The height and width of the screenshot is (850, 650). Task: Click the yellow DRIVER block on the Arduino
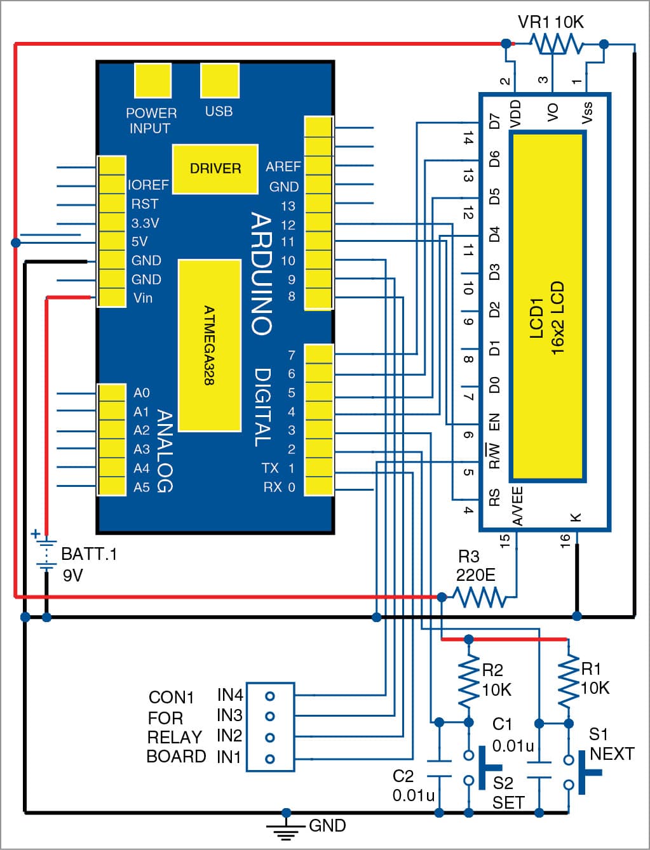click(x=215, y=168)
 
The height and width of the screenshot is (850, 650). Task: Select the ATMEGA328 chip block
click(x=210, y=345)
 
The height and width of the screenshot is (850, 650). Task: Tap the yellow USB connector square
click(x=220, y=81)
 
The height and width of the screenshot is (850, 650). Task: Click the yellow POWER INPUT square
click(x=153, y=81)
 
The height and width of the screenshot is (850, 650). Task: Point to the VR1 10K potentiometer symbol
click(x=555, y=44)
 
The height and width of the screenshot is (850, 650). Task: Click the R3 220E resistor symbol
click(x=478, y=597)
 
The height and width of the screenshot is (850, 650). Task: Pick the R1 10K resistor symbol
click(x=568, y=681)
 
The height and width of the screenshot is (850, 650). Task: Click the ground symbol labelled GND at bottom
click(x=286, y=826)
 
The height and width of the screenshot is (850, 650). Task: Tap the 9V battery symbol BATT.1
click(x=46, y=552)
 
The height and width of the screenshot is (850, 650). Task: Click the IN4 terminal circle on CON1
click(x=270, y=696)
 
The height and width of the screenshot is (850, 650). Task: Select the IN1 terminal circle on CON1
click(x=270, y=759)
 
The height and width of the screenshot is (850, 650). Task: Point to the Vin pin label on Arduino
click(x=143, y=298)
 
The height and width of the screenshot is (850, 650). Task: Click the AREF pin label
click(x=283, y=167)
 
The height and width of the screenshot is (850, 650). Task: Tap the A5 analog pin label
click(x=142, y=488)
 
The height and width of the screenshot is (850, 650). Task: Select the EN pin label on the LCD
click(x=494, y=422)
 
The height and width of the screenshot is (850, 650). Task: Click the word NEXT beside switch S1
click(x=612, y=754)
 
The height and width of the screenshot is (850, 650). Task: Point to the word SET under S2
click(x=508, y=803)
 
